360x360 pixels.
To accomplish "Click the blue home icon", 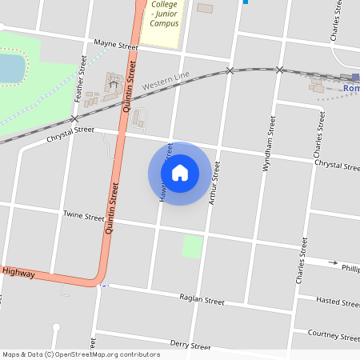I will point(180,172).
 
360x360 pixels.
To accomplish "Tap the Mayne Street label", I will point(116,46).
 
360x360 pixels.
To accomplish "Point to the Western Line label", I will point(166,81).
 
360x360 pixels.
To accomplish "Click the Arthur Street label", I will point(214,183).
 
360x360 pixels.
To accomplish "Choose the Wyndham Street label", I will point(269,143).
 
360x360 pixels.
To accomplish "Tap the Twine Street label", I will point(84,216).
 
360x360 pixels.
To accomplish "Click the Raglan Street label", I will point(202,301).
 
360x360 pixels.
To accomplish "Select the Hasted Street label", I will point(338,302).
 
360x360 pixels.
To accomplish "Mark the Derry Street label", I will point(190,346).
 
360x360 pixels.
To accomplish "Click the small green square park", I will point(192,246).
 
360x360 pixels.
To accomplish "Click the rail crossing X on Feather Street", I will point(74,118).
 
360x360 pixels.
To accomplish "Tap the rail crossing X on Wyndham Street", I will point(279,70).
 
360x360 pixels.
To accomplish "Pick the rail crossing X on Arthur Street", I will point(230,71).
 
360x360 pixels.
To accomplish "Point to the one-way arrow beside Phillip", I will point(334,263).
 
